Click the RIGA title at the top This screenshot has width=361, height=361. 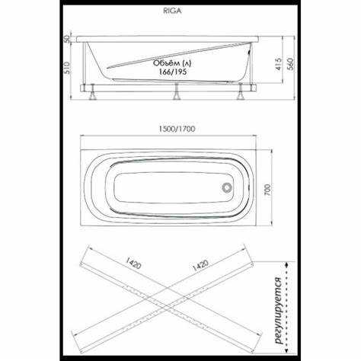[x=173, y=11]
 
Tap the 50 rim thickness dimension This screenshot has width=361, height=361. [x=67, y=39]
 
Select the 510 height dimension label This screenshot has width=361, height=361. [x=67, y=68]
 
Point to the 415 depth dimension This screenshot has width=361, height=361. [x=279, y=64]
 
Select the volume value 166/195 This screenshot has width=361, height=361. [x=173, y=72]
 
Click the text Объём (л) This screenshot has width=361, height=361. [x=172, y=63]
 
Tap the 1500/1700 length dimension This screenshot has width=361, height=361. [x=177, y=129]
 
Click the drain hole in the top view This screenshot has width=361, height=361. [x=226, y=188]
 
